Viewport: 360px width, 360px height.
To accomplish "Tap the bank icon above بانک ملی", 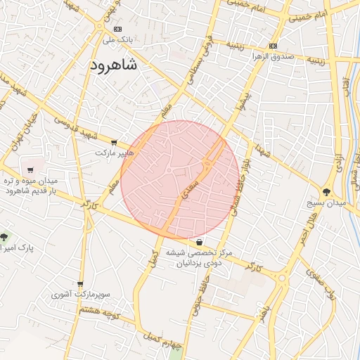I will pyautogui.click(x=117, y=29).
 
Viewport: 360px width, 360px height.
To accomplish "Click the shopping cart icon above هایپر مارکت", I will pyautogui.click(x=114, y=143).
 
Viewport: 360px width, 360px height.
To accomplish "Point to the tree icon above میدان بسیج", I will pyautogui.click(x=327, y=192).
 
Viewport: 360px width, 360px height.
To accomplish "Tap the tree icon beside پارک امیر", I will pyautogui.click(x=4, y=237).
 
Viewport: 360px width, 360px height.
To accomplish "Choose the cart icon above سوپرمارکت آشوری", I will pyautogui.click(x=79, y=284).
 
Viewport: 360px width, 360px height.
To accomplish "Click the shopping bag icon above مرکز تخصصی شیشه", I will pyautogui.click(x=200, y=243).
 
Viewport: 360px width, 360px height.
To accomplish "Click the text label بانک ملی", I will pyautogui.click(x=118, y=40).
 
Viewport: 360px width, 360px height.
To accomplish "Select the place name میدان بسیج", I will pyautogui.click(x=327, y=203).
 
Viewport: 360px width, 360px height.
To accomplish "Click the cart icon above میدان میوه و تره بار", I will pyautogui.click(x=30, y=169).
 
